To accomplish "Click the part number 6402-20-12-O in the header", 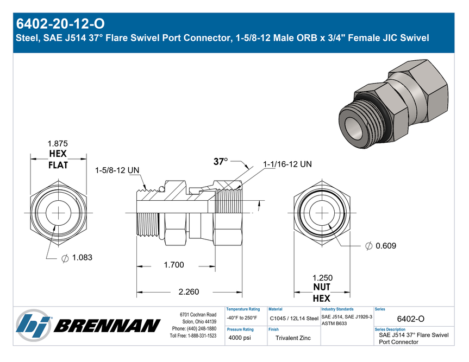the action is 60,24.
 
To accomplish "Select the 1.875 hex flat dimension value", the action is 58,144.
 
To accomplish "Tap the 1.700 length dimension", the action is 174,265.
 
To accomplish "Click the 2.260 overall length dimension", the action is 189,292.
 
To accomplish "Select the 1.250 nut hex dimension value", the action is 322,278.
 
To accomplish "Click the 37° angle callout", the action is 221,162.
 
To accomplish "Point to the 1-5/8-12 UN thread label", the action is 117,170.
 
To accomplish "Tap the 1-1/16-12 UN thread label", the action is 287,164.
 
